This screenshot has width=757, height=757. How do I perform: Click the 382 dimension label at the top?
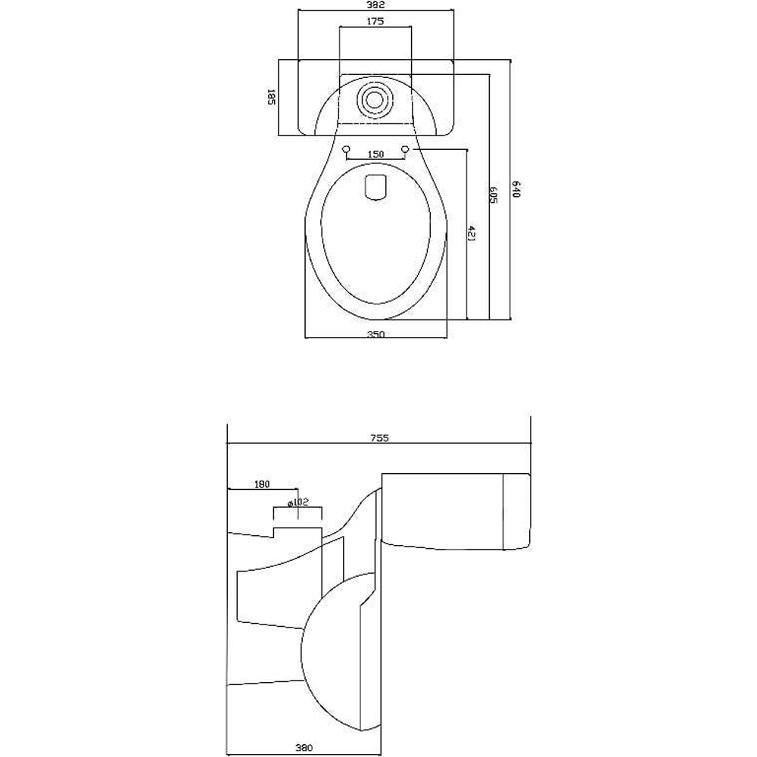click(x=376, y=5)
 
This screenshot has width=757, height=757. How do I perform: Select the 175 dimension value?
click(x=376, y=21)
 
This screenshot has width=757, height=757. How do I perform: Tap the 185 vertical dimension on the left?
click(x=270, y=98)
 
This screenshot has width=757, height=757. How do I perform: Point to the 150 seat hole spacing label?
click(x=375, y=154)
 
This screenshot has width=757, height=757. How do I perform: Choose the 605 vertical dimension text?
click(x=494, y=195)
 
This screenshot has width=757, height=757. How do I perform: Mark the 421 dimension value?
click(x=472, y=234)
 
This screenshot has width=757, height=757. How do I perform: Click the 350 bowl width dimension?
click(x=376, y=334)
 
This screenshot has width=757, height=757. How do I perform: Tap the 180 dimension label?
click(x=263, y=484)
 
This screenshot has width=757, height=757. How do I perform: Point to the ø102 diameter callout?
click(x=299, y=502)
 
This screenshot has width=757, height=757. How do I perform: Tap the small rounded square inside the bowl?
click(x=375, y=187)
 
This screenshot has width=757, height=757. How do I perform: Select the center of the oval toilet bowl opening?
click(x=375, y=242)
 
